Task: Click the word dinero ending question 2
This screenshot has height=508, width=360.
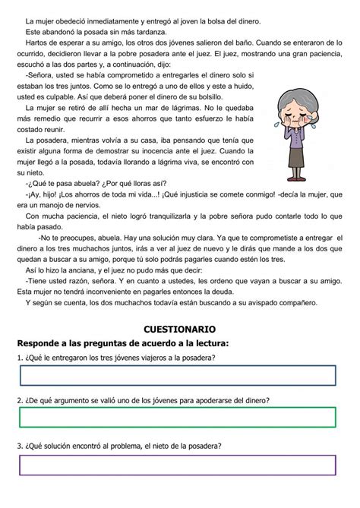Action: (x=257, y=400)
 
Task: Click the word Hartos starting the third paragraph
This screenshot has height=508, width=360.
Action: (x=37, y=45)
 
